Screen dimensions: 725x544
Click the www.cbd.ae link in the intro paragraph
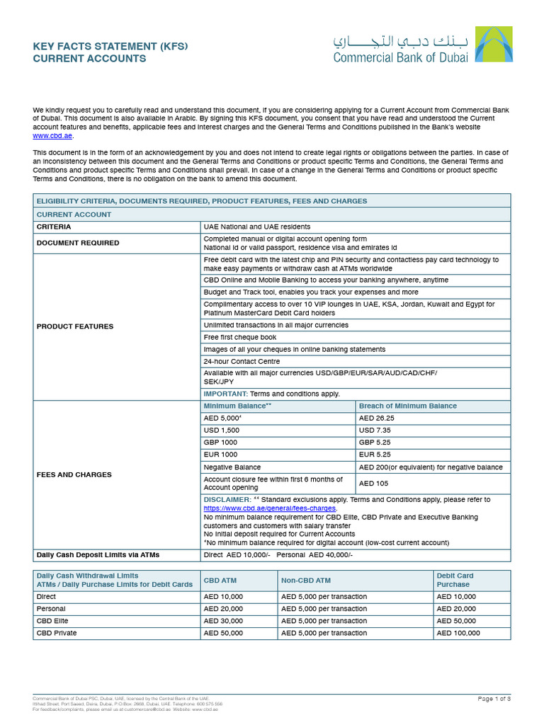52,136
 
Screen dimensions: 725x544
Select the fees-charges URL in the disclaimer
270,508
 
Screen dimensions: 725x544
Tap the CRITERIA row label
53,227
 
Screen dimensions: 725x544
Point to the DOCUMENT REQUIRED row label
78,243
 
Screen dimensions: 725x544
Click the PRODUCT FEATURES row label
74,326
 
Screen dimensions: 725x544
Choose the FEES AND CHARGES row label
74,474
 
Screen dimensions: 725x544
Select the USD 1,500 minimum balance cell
222,430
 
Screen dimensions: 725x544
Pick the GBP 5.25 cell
375,442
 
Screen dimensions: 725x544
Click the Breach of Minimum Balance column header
408,406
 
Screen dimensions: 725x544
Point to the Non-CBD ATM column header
306,581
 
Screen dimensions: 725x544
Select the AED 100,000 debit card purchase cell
458,633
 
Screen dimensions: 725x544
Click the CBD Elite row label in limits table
52,621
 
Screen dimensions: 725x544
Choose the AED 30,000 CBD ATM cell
223,621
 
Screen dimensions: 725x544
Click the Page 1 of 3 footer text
494,699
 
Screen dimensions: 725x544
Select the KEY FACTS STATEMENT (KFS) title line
110,46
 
